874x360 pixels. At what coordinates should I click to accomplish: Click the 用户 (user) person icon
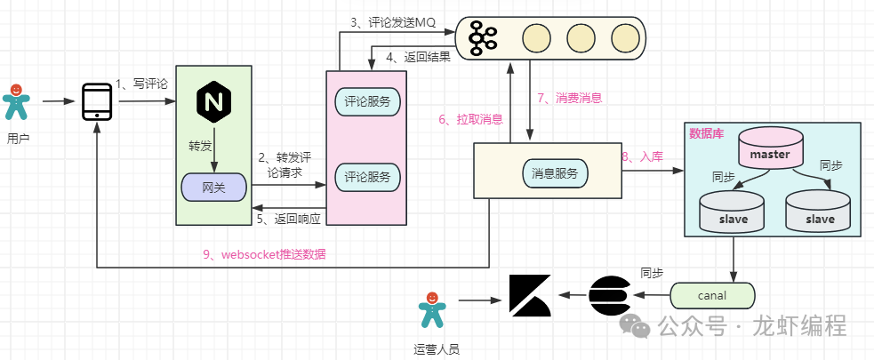[x=15, y=102]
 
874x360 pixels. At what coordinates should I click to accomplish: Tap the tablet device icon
[x=96, y=101]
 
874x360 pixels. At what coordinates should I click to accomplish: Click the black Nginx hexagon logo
[x=212, y=101]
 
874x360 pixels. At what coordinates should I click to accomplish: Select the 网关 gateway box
[x=213, y=187]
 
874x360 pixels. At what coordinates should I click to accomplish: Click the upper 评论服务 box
[x=366, y=100]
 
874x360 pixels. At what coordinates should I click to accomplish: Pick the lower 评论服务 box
[x=366, y=177]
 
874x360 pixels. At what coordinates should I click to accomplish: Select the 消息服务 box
[x=555, y=173]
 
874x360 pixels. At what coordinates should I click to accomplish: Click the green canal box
[x=711, y=294]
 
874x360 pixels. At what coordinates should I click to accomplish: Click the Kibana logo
[x=530, y=295]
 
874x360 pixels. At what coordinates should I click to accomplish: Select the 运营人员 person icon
[x=431, y=312]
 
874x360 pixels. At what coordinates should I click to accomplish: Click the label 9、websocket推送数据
[x=264, y=255]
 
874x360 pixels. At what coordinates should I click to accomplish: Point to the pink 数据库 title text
[x=707, y=133]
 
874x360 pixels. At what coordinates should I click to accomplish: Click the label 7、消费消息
[x=570, y=97]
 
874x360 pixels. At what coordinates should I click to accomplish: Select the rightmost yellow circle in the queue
[x=625, y=37]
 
